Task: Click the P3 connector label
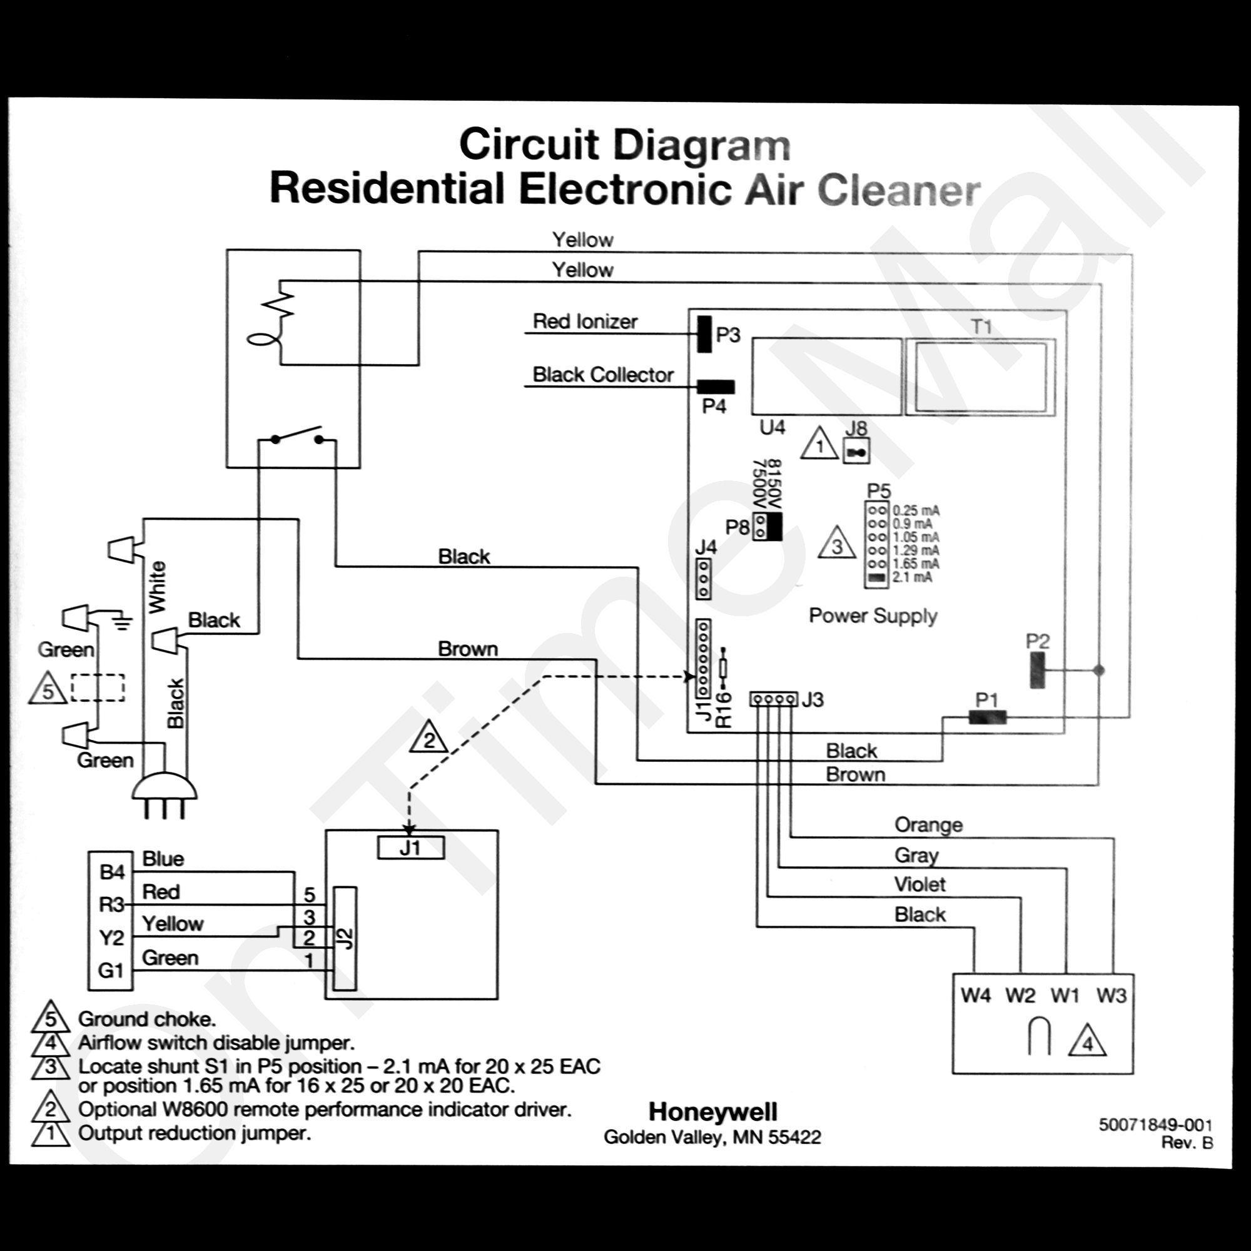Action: (728, 335)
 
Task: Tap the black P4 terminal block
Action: (716, 387)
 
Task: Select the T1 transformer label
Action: (981, 327)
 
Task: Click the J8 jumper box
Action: (856, 452)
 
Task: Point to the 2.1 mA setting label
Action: (913, 577)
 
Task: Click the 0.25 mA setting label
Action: (916, 511)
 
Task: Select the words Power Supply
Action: (873, 615)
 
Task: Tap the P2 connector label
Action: (1037, 641)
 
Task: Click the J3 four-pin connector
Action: (774, 699)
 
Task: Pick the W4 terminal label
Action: (976, 995)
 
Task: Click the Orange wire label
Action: (928, 825)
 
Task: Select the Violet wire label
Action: (919, 884)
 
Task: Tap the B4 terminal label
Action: (112, 872)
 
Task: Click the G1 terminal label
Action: (111, 971)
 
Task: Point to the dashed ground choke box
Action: (98, 687)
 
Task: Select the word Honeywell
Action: (713, 1112)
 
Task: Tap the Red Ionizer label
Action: (585, 321)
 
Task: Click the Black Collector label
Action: (603, 375)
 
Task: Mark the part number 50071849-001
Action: (1155, 1125)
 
